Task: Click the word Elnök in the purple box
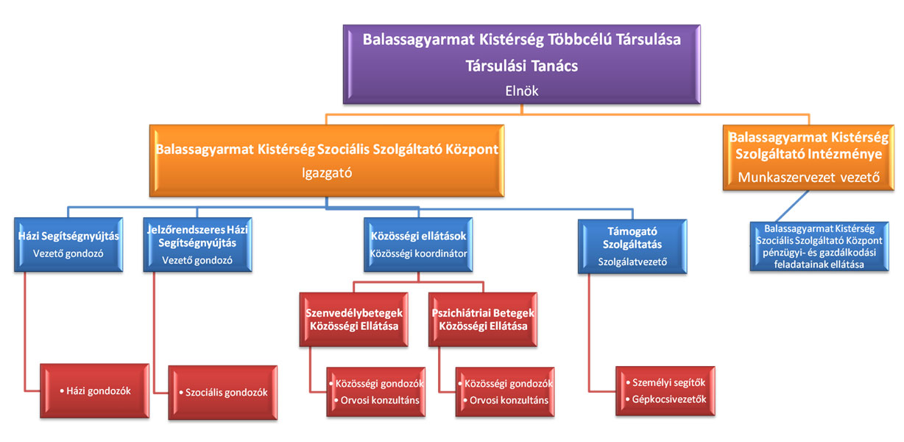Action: [x=521, y=91]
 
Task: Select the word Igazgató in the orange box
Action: [x=327, y=173]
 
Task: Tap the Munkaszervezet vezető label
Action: [x=809, y=177]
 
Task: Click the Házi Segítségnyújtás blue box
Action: [x=68, y=245]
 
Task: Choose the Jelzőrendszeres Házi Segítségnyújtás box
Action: [x=198, y=245]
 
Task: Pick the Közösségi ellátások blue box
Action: [x=418, y=245]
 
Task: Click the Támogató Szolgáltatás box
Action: [x=632, y=247]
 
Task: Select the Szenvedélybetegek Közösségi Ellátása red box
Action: [x=354, y=320]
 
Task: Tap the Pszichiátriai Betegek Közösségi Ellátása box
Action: [x=483, y=320]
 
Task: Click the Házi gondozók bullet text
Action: [x=95, y=390]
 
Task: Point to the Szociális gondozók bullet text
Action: [x=223, y=393]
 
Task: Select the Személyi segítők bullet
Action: [x=665, y=382]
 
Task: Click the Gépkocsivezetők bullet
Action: [x=666, y=399]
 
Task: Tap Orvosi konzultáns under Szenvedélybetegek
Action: [x=376, y=400]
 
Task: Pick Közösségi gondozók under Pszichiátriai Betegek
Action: [x=505, y=383]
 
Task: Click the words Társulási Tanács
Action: [x=521, y=66]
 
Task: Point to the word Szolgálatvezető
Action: [x=632, y=262]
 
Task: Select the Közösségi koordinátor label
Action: [x=418, y=253]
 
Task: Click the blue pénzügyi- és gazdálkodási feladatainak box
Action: [x=819, y=246]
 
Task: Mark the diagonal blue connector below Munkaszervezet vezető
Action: [x=792, y=206]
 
